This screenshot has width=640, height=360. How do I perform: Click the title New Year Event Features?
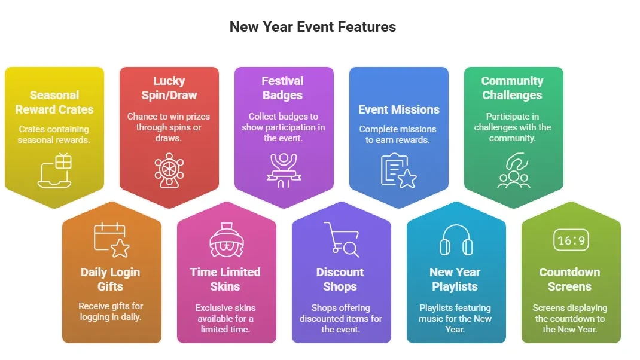coord(312,27)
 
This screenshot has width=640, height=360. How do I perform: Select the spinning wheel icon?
coord(169,170)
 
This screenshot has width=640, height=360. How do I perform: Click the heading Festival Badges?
coord(283,88)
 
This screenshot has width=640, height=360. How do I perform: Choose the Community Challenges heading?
coord(512,88)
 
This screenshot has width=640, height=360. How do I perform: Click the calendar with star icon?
coord(111,239)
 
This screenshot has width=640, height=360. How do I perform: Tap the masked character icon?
coord(226,239)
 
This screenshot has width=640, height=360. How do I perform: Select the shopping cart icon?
coord(341,239)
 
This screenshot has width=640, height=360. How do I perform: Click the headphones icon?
coord(456,240)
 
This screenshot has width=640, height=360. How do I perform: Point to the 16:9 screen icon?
coord(571,240)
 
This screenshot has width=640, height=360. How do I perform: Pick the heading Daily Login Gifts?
coord(111,279)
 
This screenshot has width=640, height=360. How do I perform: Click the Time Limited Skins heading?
coord(225,279)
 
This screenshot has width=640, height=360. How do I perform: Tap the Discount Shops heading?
coord(340,279)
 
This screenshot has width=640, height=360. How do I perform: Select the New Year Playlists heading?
coord(455,279)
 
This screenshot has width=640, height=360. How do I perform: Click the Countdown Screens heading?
coord(569,279)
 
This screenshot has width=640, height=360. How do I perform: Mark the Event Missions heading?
coord(399,109)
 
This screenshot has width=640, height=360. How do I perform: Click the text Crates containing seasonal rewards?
coord(54,135)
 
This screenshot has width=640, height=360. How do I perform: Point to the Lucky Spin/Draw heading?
coord(169,88)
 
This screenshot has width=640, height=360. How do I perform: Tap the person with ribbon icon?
coord(284,170)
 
